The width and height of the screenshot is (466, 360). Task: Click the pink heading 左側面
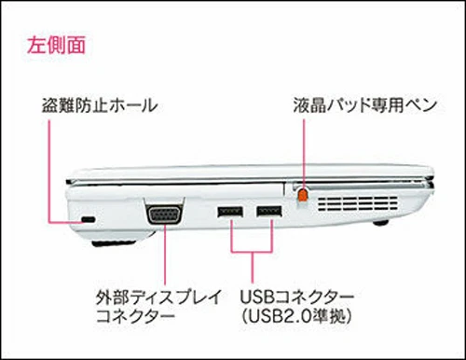click(56, 46)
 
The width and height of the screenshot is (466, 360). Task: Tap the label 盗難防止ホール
click(100, 105)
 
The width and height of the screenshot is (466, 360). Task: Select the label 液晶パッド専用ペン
click(364, 105)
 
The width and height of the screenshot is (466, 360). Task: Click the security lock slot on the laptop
click(89, 219)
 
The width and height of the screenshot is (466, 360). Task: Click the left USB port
click(230, 212)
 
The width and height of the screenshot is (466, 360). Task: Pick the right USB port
click(269, 212)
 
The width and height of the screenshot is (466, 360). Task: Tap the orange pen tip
click(303, 195)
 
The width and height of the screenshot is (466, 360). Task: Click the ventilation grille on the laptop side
click(358, 203)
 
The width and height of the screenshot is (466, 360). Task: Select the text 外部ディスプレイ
click(159, 298)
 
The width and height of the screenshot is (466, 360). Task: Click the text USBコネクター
click(296, 298)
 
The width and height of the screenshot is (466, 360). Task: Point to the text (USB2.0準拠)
click(296, 317)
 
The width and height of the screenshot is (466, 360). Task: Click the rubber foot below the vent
click(380, 222)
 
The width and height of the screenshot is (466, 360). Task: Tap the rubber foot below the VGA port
click(114, 243)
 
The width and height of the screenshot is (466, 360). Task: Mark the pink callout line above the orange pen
click(304, 153)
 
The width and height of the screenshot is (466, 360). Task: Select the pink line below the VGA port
click(165, 255)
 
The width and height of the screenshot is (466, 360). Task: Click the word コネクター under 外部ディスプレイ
click(136, 317)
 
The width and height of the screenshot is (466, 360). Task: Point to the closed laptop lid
click(250, 174)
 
